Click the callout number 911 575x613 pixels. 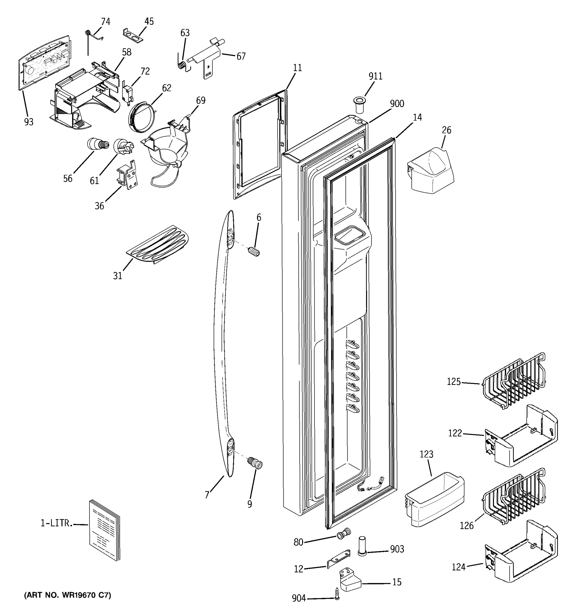tap(375, 76)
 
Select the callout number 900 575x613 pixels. tap(397, 104)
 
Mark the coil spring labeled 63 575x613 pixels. tap(183, 65)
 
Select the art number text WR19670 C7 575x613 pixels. tap(67, 595)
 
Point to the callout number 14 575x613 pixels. tap(417, 117)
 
